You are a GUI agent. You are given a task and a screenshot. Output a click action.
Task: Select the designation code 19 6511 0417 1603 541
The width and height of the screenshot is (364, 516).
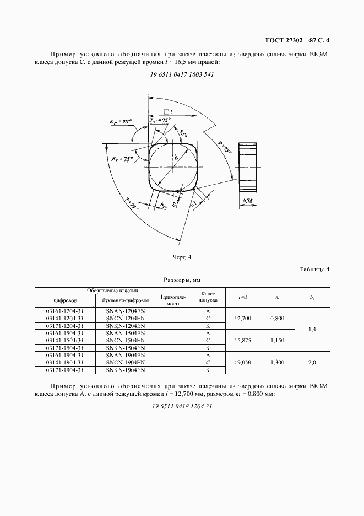[x=182, y=74]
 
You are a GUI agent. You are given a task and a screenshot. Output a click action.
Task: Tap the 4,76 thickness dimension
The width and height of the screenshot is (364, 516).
[x=248, y=202]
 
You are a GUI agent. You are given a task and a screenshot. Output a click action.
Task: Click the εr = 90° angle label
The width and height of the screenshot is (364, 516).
[x=119, y=121]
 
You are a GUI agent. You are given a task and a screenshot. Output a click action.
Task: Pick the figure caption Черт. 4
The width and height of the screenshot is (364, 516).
[x=182, y=257]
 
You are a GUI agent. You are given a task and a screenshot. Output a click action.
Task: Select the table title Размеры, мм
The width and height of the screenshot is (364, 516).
[x=182, y=279]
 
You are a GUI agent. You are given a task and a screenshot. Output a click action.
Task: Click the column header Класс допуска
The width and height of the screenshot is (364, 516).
[x=208, y=297]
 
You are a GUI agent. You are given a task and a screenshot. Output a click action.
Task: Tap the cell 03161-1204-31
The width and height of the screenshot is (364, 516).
[x=64, y=311]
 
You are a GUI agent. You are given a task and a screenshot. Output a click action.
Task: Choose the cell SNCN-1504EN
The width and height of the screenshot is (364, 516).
[x=126, y=341]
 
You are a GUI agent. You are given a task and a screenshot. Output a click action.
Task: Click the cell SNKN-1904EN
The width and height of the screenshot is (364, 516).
[x=126, y=370]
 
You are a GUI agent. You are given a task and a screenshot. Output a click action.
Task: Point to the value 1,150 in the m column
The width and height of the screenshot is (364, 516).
[x=278, y=341]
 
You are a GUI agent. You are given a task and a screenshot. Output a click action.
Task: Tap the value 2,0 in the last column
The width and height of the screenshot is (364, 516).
[x=312, y=363]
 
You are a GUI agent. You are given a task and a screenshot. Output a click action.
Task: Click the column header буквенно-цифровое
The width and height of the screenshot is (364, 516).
[x=126, y=300]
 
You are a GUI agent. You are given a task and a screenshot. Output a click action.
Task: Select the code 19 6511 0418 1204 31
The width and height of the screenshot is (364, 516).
[x=182, y=406]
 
